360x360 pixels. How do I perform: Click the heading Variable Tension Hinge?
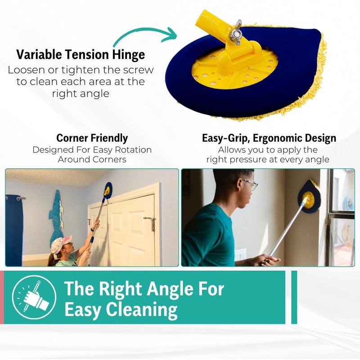81,55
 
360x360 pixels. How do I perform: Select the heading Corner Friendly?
92,138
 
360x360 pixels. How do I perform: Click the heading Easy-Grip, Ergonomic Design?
269,138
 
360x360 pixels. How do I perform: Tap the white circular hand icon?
34,297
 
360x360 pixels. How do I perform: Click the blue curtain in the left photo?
14,229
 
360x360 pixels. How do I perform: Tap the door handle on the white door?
149,219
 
